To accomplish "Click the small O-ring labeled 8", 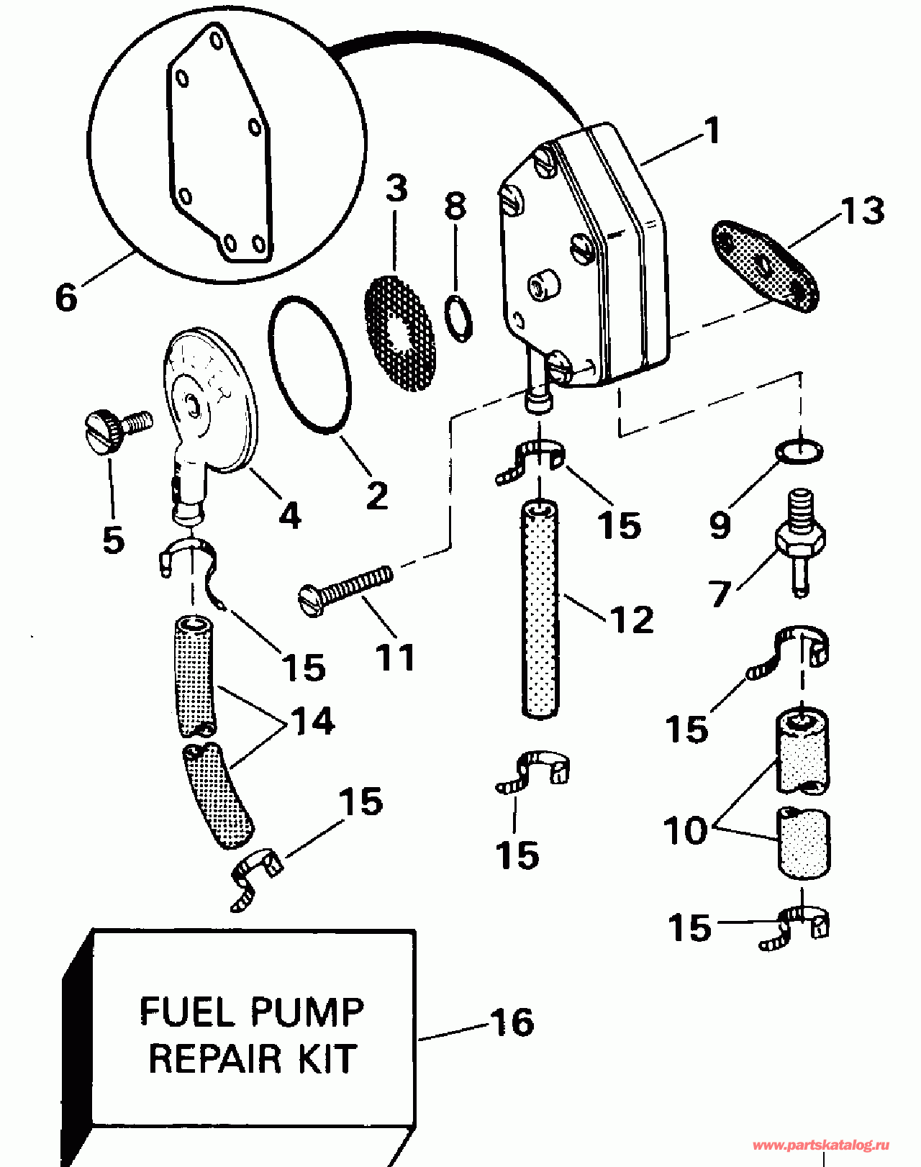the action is coord(458,319).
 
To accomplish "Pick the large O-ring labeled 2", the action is coord(309,364).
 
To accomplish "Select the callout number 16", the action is coord(512,1022).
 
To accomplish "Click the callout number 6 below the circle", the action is coord(66,298).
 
